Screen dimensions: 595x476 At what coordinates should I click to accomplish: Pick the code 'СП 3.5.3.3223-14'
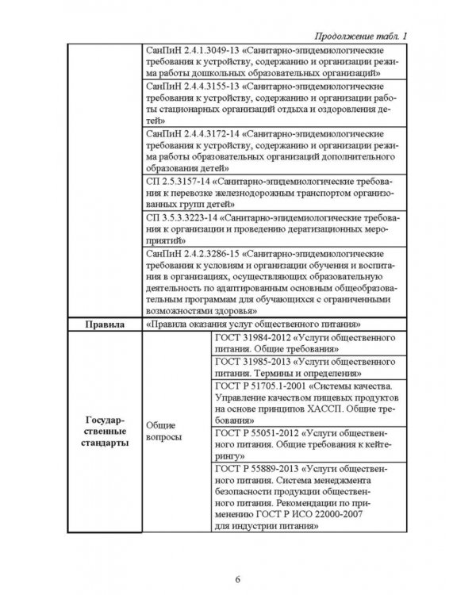(182, 217)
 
